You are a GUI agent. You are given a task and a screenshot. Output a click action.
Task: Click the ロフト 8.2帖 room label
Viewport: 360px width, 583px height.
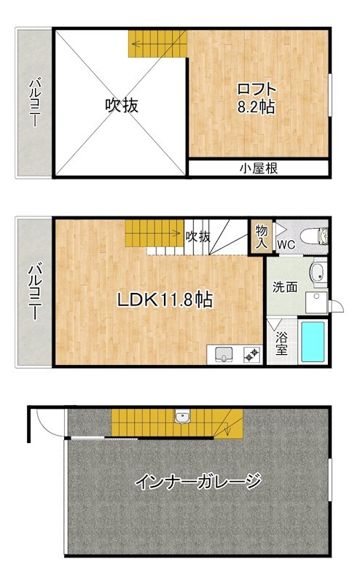pos(255,98)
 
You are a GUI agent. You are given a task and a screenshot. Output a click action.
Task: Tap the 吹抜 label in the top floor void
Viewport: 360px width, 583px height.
pos(121,105)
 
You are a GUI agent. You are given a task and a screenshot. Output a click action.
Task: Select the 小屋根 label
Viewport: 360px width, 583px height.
pos(259,168)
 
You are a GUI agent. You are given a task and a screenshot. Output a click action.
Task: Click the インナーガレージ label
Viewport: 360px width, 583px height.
pos(198,481)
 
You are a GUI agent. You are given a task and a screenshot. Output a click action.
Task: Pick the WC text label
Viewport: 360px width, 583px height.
pos(286,245)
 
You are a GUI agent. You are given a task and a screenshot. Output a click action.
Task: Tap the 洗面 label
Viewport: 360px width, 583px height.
pos(285,286)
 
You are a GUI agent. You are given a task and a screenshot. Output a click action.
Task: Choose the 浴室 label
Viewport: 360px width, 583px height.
pos(281,343)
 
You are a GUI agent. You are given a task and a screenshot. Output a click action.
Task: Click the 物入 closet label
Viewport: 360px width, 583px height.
pos(260,236)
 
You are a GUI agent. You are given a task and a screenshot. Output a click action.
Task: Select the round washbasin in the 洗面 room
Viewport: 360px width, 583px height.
pos(318,273)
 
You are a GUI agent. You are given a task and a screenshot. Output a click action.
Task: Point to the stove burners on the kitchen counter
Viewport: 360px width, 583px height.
pos(251,355)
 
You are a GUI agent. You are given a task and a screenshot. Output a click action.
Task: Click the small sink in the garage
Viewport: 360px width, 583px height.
pos(181,417)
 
